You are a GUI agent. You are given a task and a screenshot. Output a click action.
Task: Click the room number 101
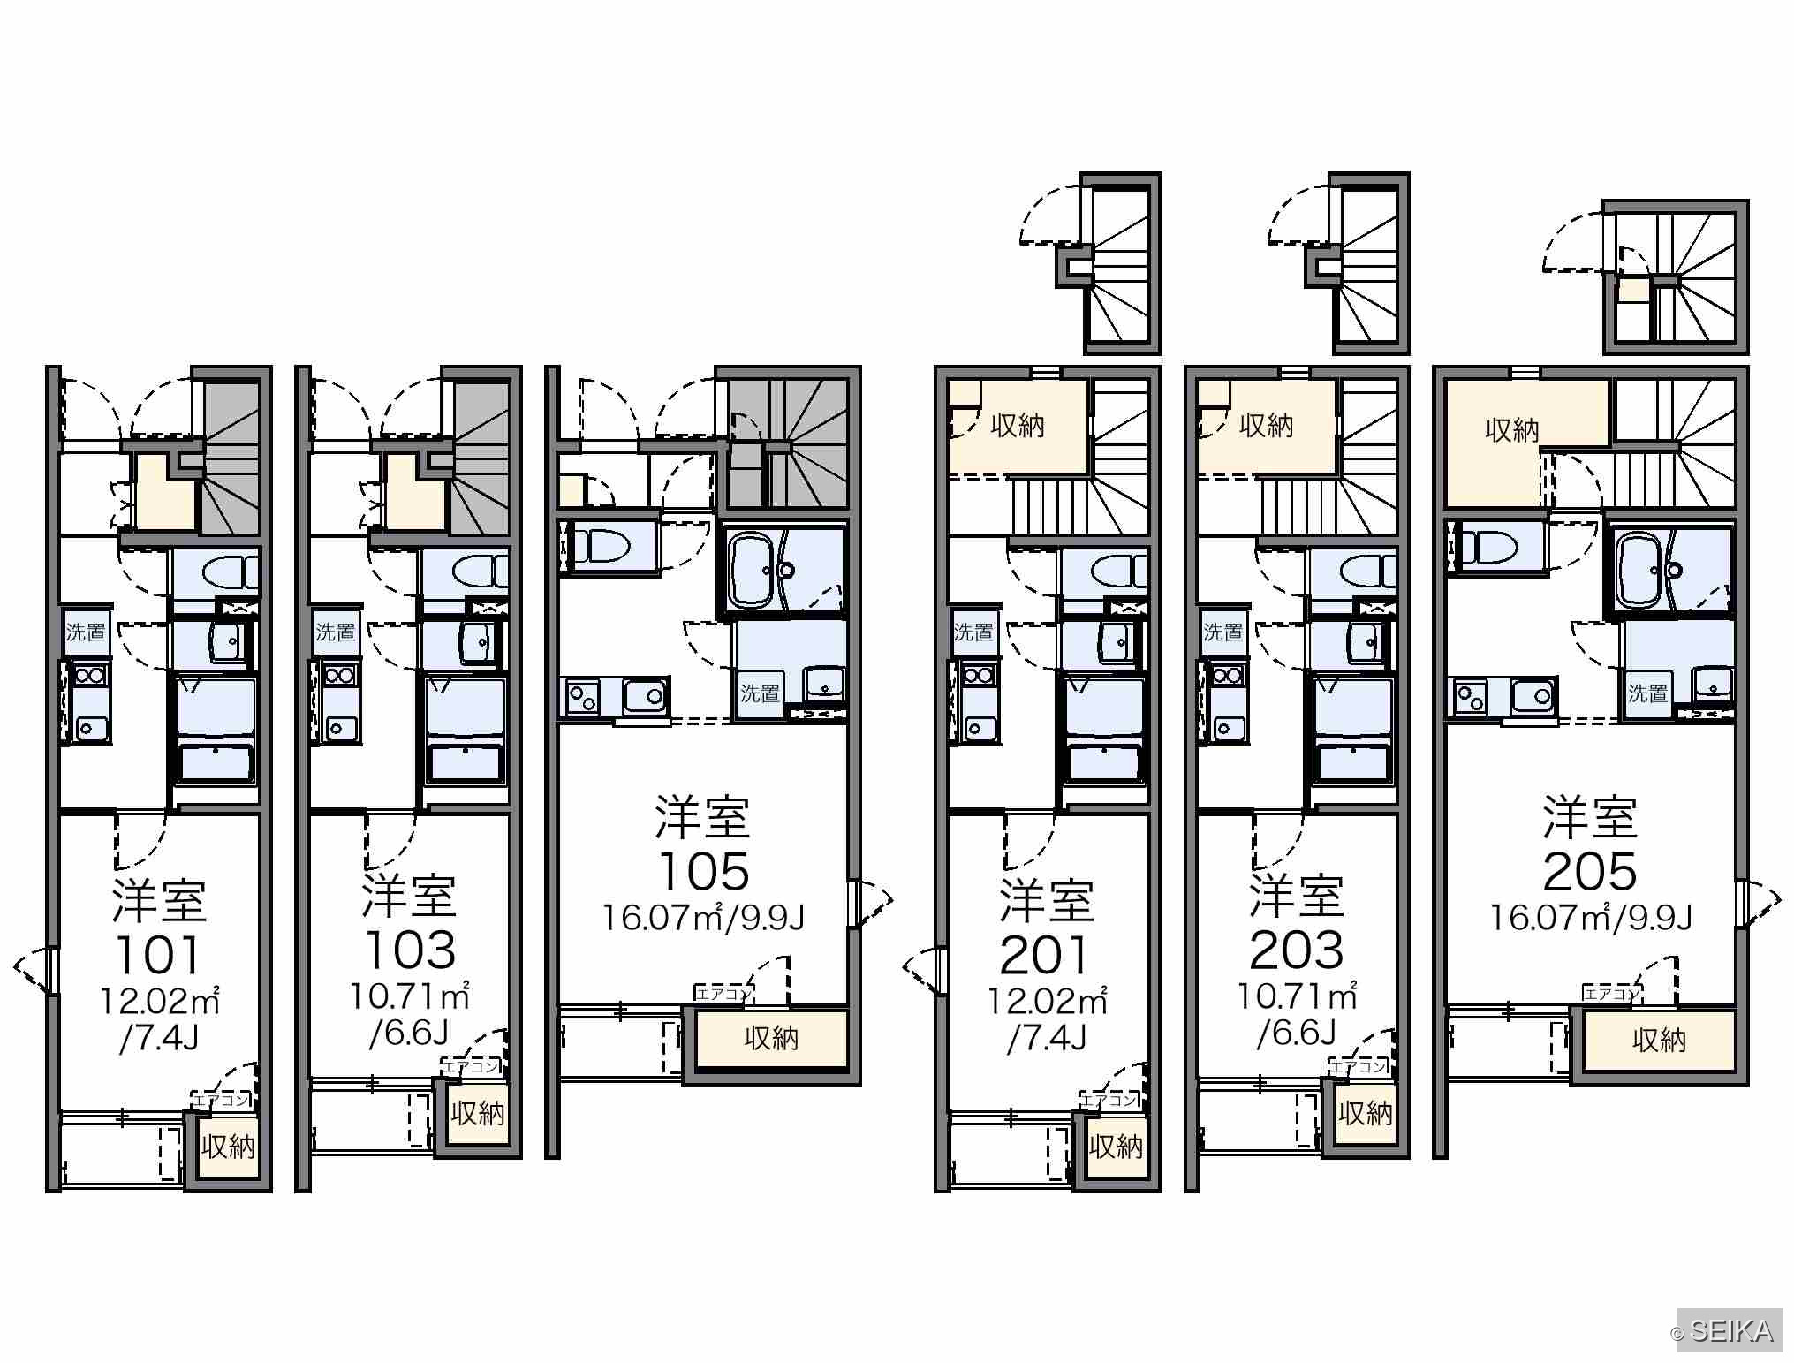[159, 954]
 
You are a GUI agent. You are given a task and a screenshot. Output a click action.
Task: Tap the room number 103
[410, 950]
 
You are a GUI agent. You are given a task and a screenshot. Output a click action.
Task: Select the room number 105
[704, 871]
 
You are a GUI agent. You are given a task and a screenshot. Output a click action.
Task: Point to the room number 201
[1047, 954]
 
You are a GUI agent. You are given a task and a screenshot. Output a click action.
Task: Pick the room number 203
[1297, 950]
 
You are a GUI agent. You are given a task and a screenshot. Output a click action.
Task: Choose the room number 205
[1590, 871]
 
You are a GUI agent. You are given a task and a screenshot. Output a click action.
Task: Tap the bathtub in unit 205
[1641, 570]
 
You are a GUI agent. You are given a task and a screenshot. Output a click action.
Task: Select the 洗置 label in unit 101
[86, 632]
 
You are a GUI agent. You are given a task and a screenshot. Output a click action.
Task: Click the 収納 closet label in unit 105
[771, 1038]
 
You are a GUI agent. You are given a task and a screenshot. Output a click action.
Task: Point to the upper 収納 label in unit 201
[1018, 426]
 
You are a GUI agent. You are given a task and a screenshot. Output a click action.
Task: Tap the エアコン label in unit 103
[471, 1066]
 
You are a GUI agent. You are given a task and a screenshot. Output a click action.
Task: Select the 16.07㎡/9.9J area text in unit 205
[1591, 919]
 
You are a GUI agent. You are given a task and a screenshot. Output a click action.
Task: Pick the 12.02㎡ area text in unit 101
[159, 1001]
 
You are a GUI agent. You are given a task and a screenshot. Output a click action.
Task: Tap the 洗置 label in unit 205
[1648, 693]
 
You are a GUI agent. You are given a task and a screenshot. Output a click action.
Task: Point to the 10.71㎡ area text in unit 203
[1296, 997]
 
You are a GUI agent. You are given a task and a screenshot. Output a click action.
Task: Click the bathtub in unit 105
[753, 570]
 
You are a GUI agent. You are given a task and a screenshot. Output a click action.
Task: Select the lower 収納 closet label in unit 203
[1366, 1113]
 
